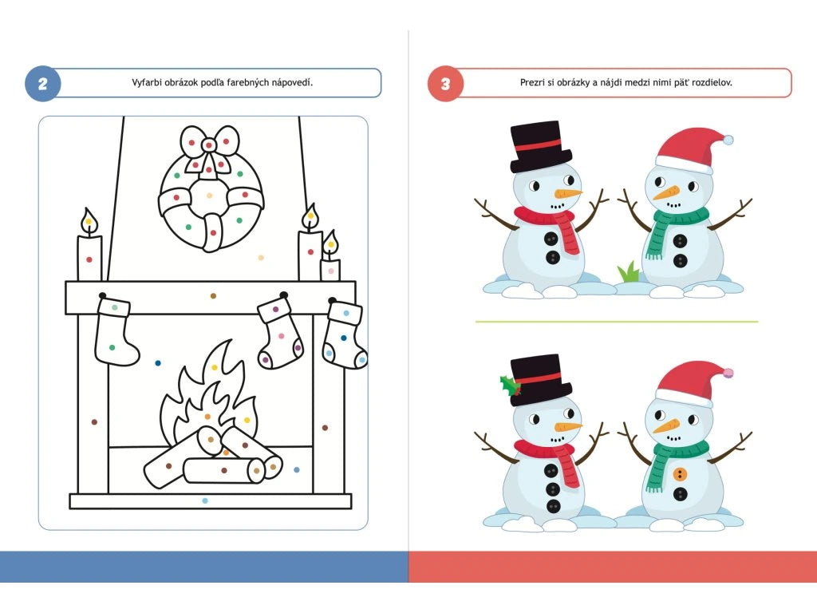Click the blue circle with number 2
tap(43, 83)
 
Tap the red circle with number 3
tap(445, 83)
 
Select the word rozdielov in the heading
tap(712, 82)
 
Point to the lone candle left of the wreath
tap(89, 246)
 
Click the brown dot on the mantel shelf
tap(213, 296)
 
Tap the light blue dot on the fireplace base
tap(205, 501)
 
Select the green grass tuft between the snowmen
tap(629, 272)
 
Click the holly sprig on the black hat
tap(510, 386)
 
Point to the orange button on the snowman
tap(680, 474)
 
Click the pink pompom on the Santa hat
tap(728, 373)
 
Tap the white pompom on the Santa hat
tap(728, 140)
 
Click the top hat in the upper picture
tap(540, 147)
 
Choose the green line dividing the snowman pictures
tap(617, 322)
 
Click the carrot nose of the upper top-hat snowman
tap(567, 194)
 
